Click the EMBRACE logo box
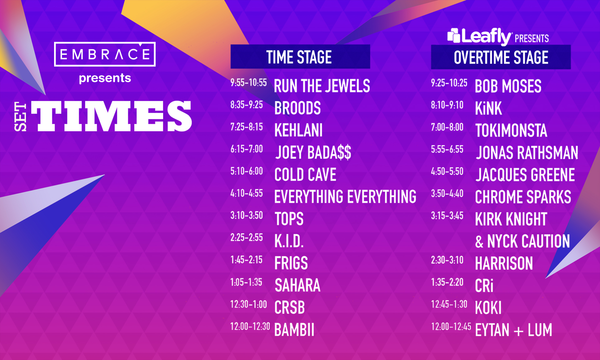pyautogui.click(x=105, y=54)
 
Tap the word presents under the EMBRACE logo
pyautogui.click(x=105, y=78)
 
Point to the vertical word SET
pyautogui.click(x=21, y=116)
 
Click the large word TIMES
pyautogui.click(x=112, y=116)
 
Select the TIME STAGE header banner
pyautogui.click(x=300, y=57)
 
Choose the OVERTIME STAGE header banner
pyautogui.click(x=501, y=57)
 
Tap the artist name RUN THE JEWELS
pyautogui.click(x=322, y=86)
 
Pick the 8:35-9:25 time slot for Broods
pyautogui.click(x=247, y=105)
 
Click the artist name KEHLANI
pyautogui.click(x=298, y=130)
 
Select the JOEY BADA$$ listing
pyautogui.click(x=313, y=152)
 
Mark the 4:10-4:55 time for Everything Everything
pyautogui.click(x=247, y=193)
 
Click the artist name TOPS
pyautogui.click(x=289, y=219)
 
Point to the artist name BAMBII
pyautogui.click(x=294, y=330)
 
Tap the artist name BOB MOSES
pyautogui.click(x=508, y=86)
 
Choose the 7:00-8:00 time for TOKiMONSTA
pyautogui.click(x=447, y=127)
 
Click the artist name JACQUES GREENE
pyautogui.click(x=525, y=175)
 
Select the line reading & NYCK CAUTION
pyautogui.click(x=522, y=241)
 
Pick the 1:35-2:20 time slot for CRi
pyautogui.click(x=447, y=282)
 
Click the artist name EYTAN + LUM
pyautogui.click(x=514, y=330)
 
